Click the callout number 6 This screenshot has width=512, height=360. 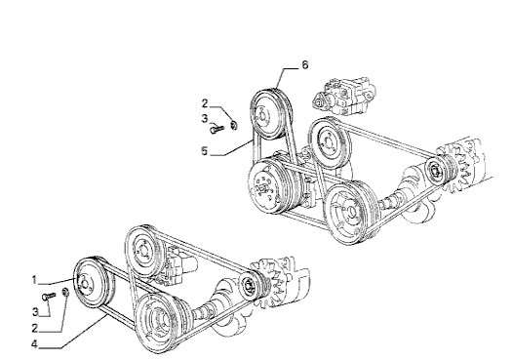click(304, 65)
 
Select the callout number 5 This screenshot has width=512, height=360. click(205, 151)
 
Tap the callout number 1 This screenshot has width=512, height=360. click(34, 280)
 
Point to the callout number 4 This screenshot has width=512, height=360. click(34, 344)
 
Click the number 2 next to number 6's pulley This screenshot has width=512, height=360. click(205, 103)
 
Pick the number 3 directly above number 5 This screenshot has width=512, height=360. click(205, 119)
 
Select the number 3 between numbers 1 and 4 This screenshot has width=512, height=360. click(35, 312)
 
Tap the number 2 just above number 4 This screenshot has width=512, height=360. click(34, 328)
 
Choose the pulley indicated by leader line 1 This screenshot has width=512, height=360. click(93, 283)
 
